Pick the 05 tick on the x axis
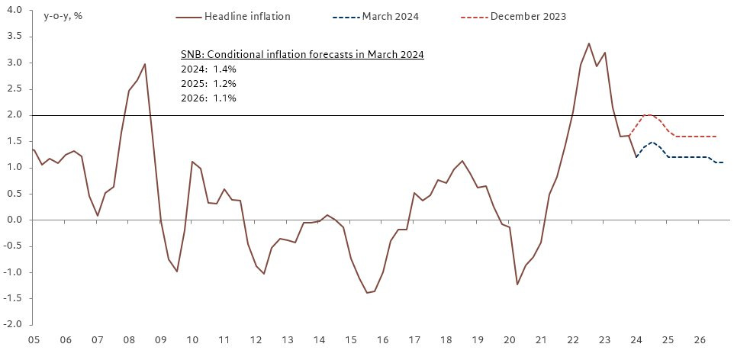click(33, 340)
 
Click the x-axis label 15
click(350, 340)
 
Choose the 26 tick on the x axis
click(699, 340)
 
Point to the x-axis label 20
click(509, 340)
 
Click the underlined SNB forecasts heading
click(302, 54)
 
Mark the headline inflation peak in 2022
click(588, 43)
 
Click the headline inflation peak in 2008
click(145, 64)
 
